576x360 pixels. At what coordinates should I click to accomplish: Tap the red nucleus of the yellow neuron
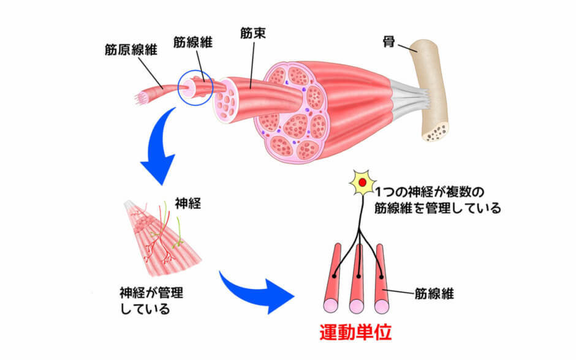[x=363, y=182]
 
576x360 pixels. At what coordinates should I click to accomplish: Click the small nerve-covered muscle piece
[x=164, y=236]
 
